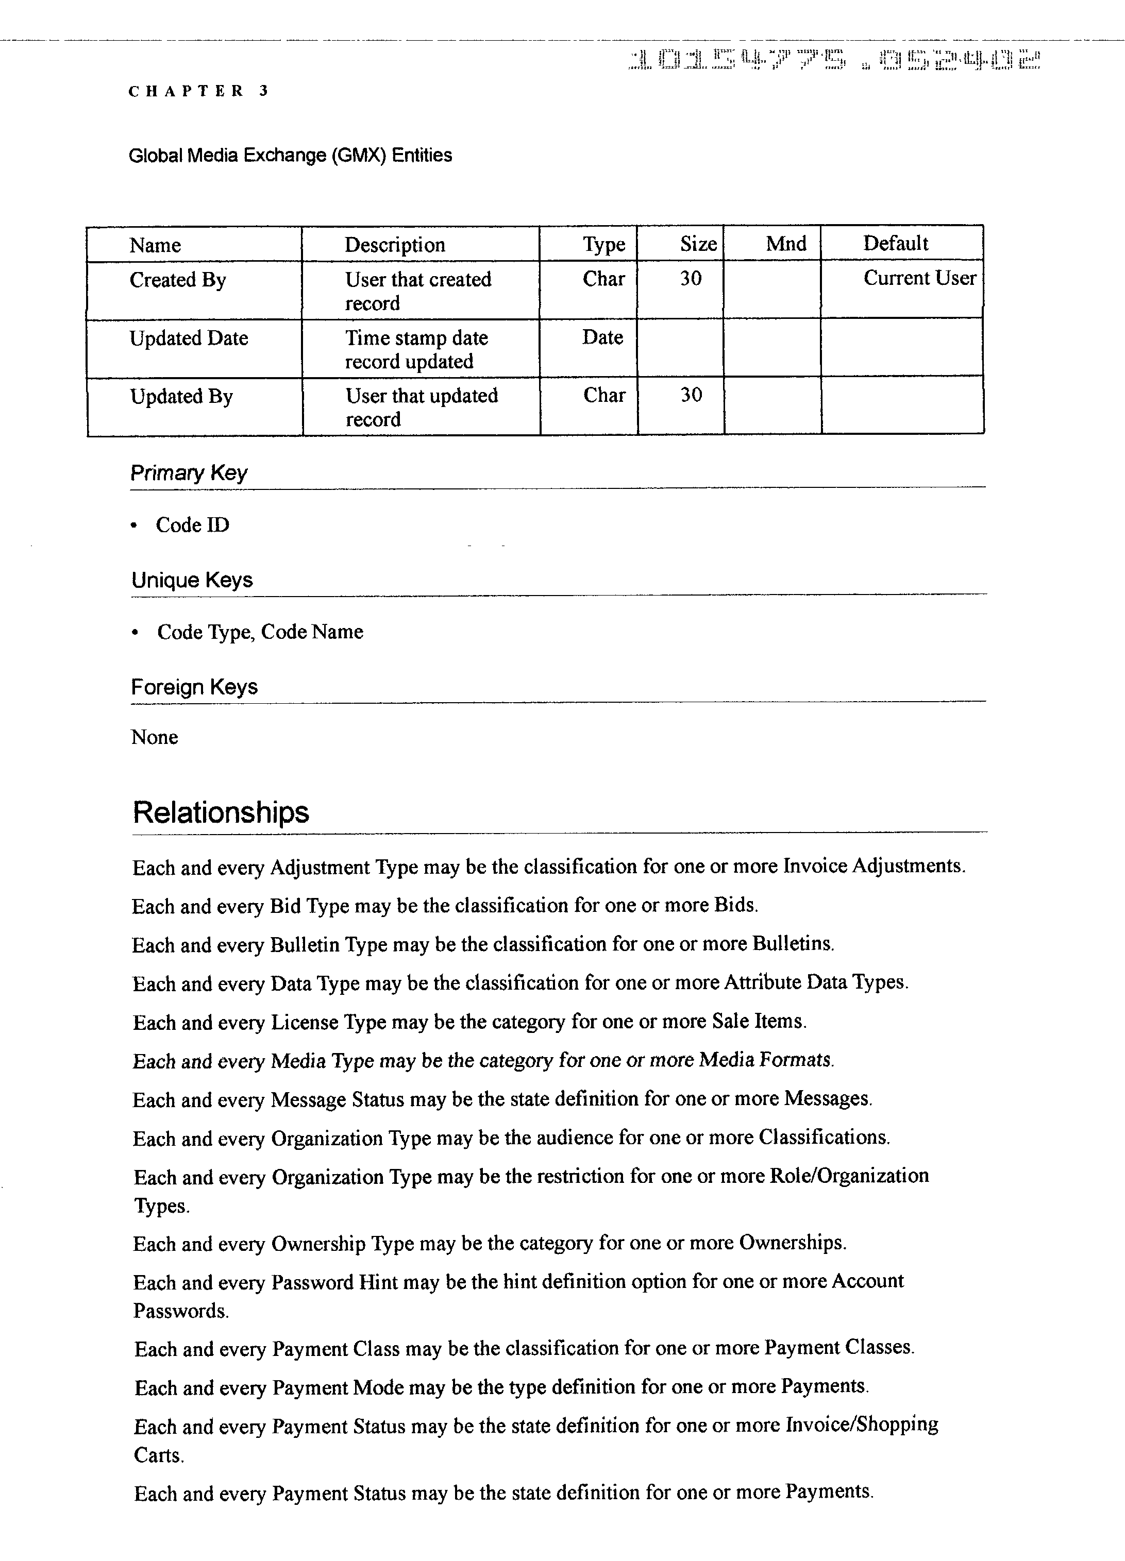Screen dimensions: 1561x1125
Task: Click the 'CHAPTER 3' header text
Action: coord(198,91)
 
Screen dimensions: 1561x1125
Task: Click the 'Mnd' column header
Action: coord(785,244)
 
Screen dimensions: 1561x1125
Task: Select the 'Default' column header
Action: coord(895,244)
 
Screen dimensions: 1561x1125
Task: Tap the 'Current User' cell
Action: coord(919,278)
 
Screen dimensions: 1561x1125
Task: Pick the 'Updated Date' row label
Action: coord(189,338)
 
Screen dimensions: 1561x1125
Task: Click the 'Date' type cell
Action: coord(602,337)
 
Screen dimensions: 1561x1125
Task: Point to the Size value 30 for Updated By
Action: coord(691,395)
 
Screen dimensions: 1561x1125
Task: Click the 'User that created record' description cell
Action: coord(417,291)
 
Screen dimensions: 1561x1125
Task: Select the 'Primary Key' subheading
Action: coord(189,473)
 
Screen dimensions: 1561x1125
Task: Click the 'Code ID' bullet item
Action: coord(192,525)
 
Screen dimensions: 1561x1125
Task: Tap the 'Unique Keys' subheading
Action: coord(192,580)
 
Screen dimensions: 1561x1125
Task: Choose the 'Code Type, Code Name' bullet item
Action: coord(260,632)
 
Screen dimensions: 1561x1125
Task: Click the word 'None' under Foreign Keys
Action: coord(154,737)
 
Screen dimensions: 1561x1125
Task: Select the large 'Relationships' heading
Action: coord(221,812)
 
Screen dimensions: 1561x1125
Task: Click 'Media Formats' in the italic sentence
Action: coord(765,1059)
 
